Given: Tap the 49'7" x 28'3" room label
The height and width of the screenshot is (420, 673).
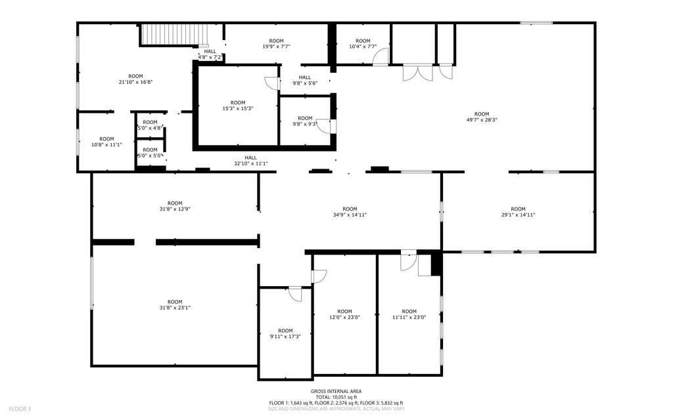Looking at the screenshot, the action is [482, 117].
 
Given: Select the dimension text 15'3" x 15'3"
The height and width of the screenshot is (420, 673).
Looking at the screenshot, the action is [237, 109].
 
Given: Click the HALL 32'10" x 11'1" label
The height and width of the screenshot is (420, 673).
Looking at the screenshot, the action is [250, 161].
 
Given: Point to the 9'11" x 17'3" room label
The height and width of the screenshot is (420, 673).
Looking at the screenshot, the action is [285, 334].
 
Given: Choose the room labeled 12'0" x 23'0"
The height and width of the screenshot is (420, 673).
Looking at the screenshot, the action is [344, 314].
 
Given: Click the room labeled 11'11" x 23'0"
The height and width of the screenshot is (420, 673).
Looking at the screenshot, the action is [409, 314].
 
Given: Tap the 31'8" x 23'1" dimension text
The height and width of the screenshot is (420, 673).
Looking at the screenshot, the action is [175, 308].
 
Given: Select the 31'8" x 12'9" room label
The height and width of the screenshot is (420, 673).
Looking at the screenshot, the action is [175, 206].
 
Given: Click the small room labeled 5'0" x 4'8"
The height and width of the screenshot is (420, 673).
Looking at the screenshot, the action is [150, 125].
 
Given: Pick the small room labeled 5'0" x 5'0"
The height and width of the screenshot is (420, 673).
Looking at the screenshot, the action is [150, 153].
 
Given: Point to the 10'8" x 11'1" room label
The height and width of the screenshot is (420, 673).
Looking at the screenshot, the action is [106, 142].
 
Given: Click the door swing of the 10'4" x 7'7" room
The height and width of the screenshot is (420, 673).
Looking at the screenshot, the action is [381, 56].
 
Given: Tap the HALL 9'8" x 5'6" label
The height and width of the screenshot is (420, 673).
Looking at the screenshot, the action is [305, 81].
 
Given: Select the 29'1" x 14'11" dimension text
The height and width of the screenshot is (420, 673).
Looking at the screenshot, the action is [518, 215].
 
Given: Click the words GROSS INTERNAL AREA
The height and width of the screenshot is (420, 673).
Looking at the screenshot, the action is [336, 391].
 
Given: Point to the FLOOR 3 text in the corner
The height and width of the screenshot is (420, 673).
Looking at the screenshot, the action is [20, 409].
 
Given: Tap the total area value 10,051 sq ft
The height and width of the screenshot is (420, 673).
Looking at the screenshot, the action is [344, 397].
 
